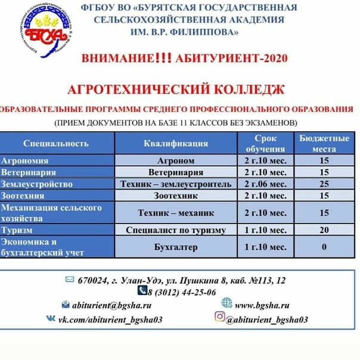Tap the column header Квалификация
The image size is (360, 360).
point(176,143)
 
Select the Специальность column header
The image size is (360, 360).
point(56,143)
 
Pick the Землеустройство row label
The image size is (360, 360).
point(37,184)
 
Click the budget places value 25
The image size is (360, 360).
point(324,184)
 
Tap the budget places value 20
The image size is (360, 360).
point(324,230)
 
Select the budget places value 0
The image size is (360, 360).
point(324,247)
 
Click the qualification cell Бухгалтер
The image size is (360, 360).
point(175,247)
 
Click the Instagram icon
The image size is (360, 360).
point(219,317)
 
